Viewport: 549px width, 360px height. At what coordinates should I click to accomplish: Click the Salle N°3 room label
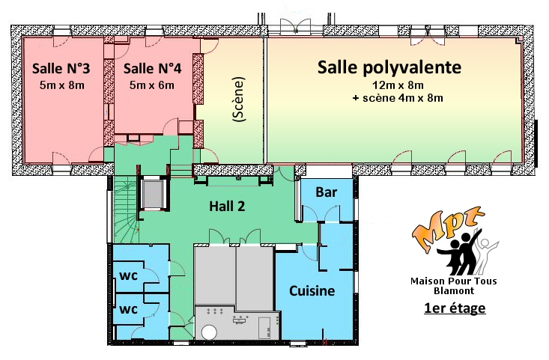click(61, 68)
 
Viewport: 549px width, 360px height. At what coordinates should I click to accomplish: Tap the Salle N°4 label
click(152, 68)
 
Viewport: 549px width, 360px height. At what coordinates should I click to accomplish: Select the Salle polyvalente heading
click(389, 67)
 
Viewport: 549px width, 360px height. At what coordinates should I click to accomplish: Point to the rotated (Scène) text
click(239, 99)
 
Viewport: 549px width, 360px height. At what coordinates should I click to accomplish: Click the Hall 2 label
click(227, 206)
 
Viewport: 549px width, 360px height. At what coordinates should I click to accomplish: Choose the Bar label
click(327, 192)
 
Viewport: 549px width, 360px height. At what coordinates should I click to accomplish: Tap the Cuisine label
click(312, 290)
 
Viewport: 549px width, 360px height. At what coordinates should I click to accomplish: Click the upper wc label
click(129, 275)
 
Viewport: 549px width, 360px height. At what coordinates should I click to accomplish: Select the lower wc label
click(129, 309)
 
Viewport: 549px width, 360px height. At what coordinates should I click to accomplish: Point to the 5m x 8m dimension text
click(62, 85)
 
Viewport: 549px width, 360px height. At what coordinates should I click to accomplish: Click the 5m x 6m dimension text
click(152, 85)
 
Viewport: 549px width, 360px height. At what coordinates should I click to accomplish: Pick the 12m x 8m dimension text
click(398, 85)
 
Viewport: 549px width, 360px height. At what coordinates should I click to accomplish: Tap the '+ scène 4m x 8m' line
click(398, 98)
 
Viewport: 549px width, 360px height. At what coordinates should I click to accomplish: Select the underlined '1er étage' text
click(455, 308)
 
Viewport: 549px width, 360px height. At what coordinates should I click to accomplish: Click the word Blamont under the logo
click(454, 290)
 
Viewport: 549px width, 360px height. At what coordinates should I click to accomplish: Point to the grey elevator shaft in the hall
click(153, 194)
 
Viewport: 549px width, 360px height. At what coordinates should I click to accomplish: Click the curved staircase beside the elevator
click(125, 210)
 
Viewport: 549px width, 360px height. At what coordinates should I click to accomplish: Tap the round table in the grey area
click(210, 332)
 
